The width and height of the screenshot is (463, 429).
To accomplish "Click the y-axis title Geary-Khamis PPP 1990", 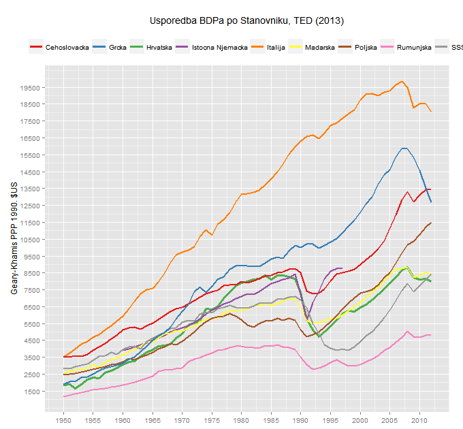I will [14, 238].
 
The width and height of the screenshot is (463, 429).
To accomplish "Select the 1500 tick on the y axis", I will [33, 392].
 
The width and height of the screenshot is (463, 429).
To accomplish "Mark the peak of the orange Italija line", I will [402, 82].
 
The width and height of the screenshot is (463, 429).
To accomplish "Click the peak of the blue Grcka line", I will [404, 148].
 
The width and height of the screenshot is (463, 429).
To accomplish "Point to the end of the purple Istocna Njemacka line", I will [342, 268].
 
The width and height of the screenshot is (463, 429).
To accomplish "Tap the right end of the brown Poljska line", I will [431, 223].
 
